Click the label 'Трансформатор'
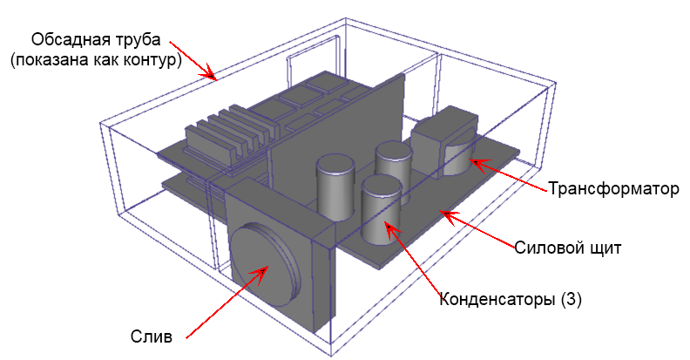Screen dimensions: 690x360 click(613, 189)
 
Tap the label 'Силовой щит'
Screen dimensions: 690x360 click(568, 248)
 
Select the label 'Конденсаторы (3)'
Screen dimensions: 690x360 click(511, 300)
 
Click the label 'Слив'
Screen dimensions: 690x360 click(151, 336)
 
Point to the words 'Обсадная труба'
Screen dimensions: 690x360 click(96, 39)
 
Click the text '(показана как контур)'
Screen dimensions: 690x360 click(96, 60)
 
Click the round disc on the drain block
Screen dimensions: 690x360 click(265, 264)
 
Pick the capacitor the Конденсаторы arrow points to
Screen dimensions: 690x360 click(381, 210)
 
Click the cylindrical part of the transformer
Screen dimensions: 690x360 click(457, 159)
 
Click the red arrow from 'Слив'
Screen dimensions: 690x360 click(227, 302)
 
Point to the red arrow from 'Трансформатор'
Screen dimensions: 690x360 click(510, 174)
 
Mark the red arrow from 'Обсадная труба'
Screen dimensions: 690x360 click(193, 61)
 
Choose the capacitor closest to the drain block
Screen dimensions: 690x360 click(335, 187)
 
